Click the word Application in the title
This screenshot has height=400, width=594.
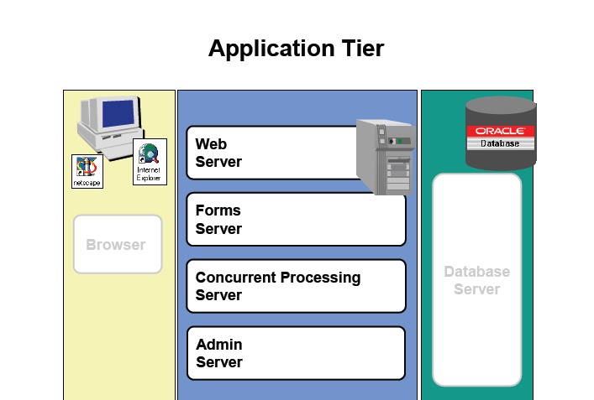[x=271, y=49]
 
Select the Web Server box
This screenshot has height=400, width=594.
[x=273, y=153]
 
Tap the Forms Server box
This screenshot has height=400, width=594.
[x=296, y=219]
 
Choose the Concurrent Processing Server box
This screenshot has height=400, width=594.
[x=296, y=286]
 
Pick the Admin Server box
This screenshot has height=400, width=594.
[x=296, y=353]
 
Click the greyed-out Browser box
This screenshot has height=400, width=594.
[x=118, y=244]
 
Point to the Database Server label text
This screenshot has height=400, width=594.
[x=477, y=280]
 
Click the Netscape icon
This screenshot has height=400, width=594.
[x=87, y=171]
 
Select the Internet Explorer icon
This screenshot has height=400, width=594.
[x=150, y=162]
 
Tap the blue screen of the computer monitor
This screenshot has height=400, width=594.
[x=118, y=114]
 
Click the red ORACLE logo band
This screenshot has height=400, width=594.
[x=501, y=131]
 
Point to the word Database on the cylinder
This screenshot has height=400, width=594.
[x=500, y=143]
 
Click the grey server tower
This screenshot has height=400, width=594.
[x=386, y=157]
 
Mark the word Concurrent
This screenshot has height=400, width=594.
[x=235, y=277]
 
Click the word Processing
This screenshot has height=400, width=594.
[x=320, y=278]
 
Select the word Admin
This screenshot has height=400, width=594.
[x=219, y=345]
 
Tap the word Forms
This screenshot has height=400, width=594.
[x=218, y=210]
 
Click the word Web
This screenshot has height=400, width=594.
[x=211, y=144]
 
